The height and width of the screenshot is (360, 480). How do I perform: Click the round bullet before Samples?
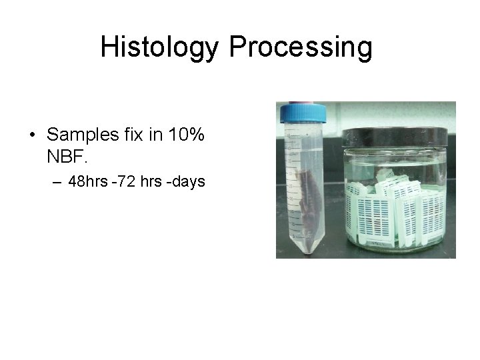point(32,135)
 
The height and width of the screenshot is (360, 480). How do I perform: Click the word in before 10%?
point(157,135)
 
